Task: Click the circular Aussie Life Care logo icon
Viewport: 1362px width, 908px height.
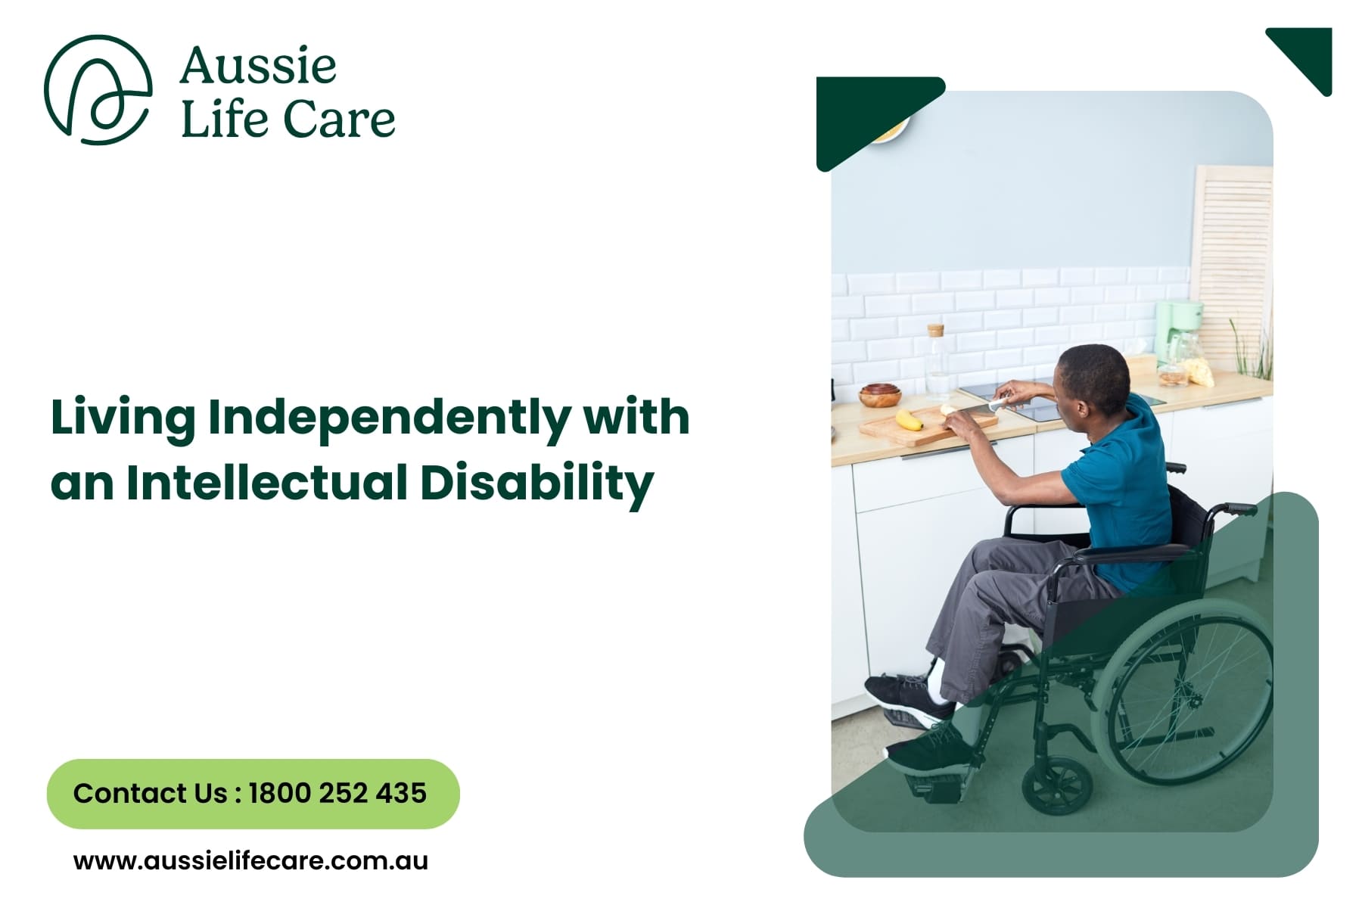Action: coord(98,89)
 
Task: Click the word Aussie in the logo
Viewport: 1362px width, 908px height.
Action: coord(258,66)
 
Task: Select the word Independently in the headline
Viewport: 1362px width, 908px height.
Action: coord(389,418)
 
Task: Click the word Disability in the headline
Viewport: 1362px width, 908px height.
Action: coord(536,482)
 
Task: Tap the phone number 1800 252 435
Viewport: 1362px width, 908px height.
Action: coord(337,793)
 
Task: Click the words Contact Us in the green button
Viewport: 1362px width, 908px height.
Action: coord(150,793)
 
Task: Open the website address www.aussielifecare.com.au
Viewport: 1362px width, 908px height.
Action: coord(250,860)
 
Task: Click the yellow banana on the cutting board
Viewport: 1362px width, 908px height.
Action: coord(909,419)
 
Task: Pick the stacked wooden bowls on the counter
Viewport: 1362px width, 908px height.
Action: coord(881,395)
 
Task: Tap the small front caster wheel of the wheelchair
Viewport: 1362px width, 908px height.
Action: coord(1057,784)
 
